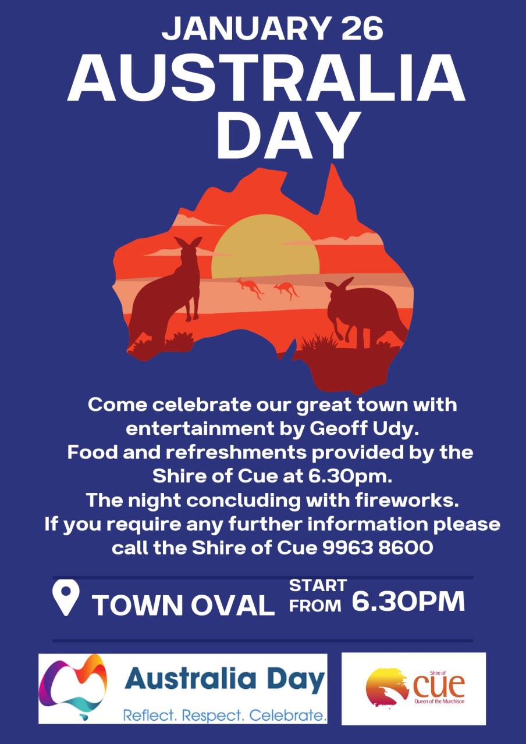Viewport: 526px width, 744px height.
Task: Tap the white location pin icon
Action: click(66, 599)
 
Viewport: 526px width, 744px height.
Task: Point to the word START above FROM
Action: click(318, 585)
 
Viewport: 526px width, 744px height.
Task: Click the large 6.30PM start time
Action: click(408, 602)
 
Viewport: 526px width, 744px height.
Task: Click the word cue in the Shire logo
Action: click(439, 686)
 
